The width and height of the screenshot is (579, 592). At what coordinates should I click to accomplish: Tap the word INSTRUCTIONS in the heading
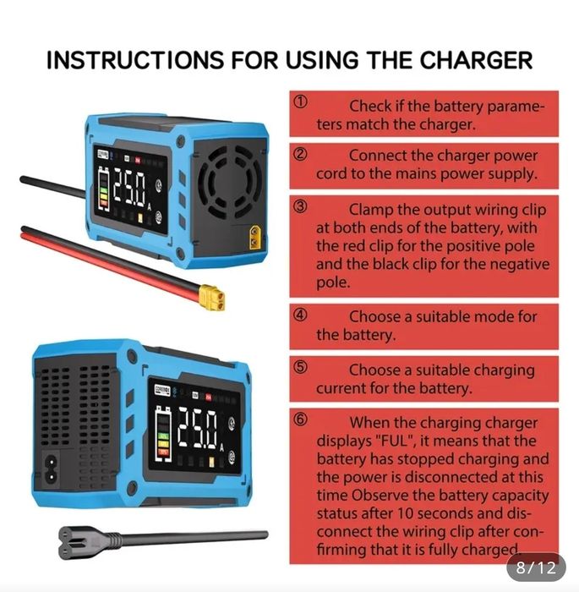coord(133,61)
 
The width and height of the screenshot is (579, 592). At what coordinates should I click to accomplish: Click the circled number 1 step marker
coord(300,101)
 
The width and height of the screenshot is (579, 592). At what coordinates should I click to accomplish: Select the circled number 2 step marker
coord(300,154)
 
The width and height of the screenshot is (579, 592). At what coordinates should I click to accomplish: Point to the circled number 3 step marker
coord(300,207)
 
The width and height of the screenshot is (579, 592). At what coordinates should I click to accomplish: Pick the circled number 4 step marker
coord(300,315)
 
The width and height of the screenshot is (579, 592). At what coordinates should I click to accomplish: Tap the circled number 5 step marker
coord(300,368)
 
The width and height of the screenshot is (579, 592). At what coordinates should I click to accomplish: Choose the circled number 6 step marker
coord(300,420)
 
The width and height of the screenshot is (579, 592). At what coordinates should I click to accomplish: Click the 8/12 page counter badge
coord(536,567)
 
